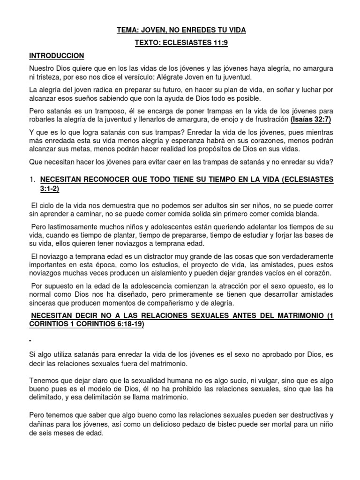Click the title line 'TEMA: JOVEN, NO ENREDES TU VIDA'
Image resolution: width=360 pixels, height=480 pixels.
click(x=181, y=30)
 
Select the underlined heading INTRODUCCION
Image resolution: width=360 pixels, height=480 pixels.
click(x=56, y=55)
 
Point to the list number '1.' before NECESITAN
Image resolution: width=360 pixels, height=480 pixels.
click(x=32, y=179)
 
